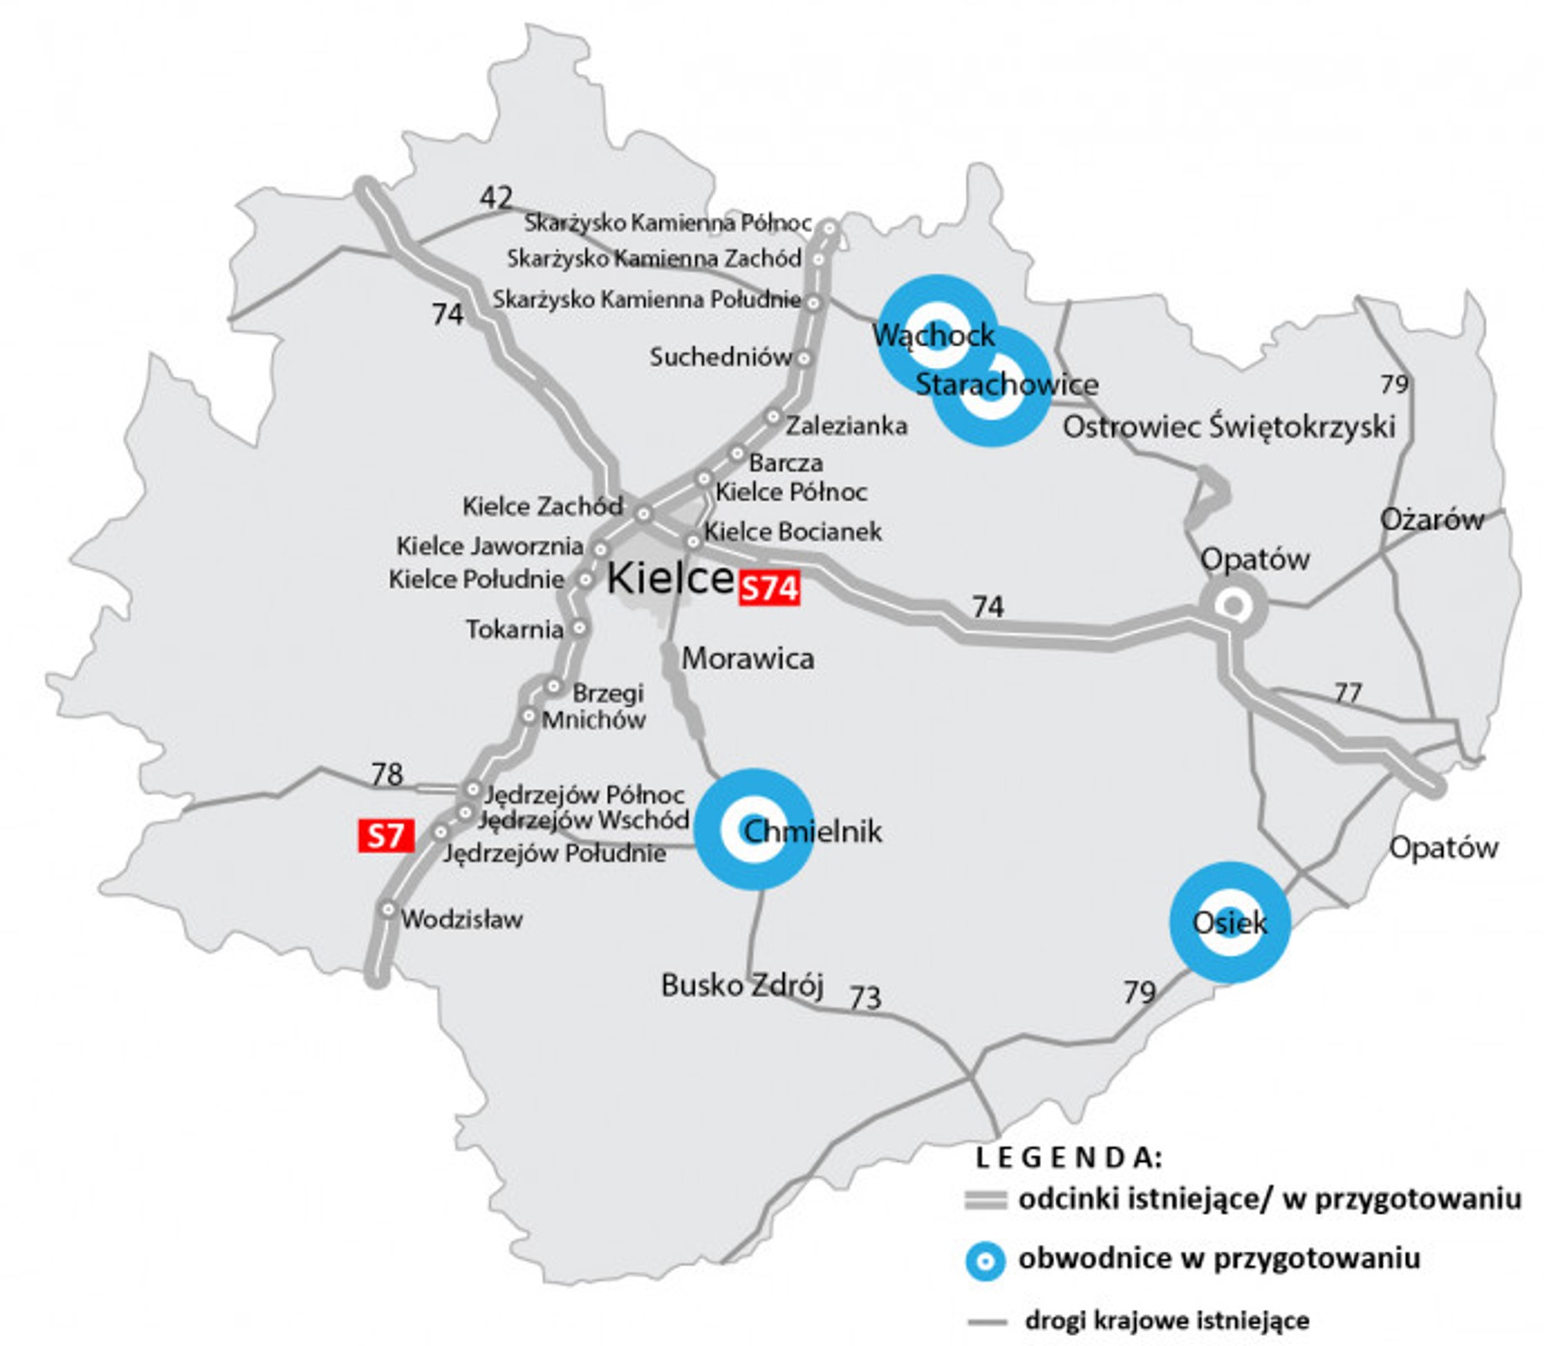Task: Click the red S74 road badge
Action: point(769,588)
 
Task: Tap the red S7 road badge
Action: point(386,835)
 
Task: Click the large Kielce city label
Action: point(669,578)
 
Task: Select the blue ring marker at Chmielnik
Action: point(753,829)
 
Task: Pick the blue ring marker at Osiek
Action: point(1229,922)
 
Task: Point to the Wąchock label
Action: point(933,335)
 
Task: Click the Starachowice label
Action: point(1006,384)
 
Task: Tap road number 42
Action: point(496,198)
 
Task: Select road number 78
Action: point(387,774)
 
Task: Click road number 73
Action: point(865,998)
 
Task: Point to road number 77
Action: point(1347,692)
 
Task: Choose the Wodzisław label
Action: point(462,919)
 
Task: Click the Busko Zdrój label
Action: point(742,984)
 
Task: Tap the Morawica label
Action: point(748,658)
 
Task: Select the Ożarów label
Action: point(1431,519)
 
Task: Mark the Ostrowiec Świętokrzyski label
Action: point(1229,427)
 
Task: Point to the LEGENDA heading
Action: point(1069,1158)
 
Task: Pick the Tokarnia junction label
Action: point(515,629)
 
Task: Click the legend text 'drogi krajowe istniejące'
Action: point(1166,1320)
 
